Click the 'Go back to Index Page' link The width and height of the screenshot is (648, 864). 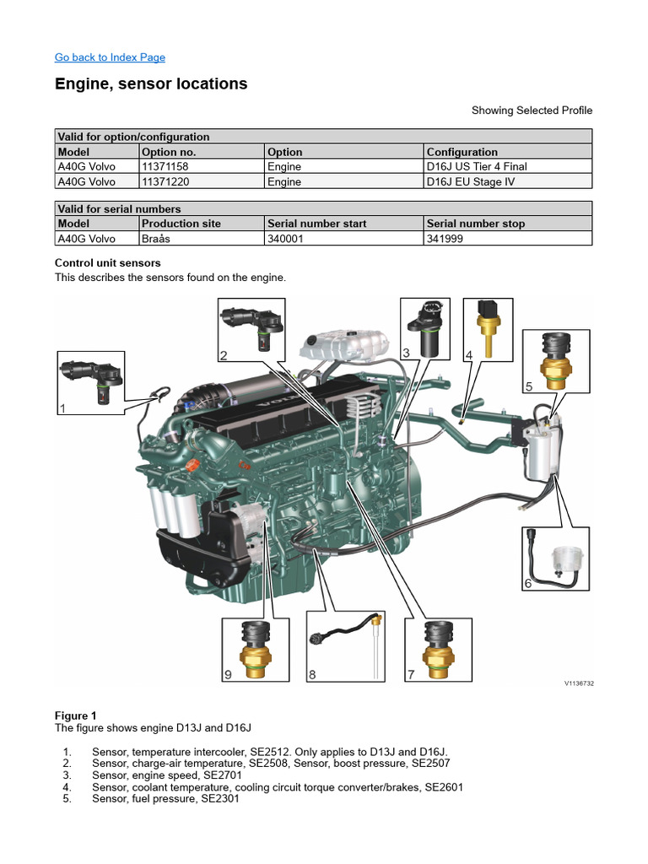pyautogui.click(x=110, y=57)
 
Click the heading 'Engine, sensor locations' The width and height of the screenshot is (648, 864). pyautogui.click(x=151, y=84)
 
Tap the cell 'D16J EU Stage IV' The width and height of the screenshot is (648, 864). pyautogui.click(x=476, y=181)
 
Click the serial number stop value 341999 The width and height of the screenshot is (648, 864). pyautogui.click(x=445, y=238)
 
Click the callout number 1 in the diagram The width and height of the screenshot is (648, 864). pyautogui.click(x=62, y=408)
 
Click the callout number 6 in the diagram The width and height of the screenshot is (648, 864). pyautogui.click(x=528, y=583)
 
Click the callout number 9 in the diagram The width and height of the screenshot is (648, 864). pyautogui.click(x=228, y=674)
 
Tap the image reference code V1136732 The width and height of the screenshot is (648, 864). pyautogui.click(x=579, y=684)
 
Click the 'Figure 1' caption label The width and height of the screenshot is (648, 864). pyautogui.click(x=77, y=715)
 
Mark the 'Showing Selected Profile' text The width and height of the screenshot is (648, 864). pyautogui.click(x=532, y=111)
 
